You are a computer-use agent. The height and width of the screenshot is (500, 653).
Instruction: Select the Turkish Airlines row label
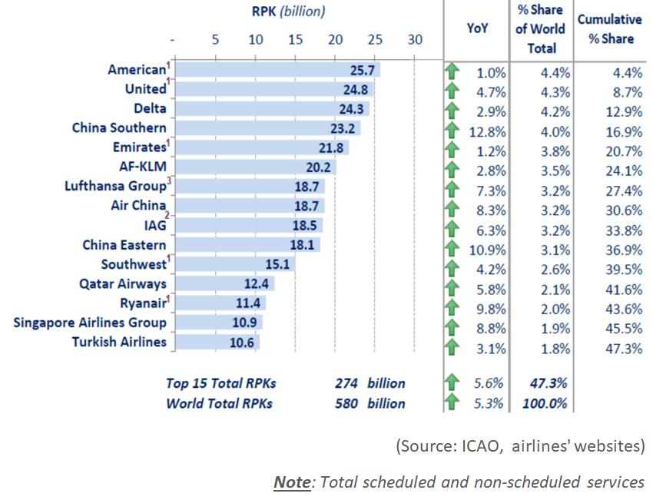click(x=119, y=342)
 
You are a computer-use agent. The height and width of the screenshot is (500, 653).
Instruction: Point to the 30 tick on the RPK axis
click(x=415, y=41)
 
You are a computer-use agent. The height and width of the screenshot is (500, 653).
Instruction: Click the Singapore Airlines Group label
click(x=90, y=323)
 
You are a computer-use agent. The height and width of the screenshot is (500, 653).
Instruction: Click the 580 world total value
click(x=346, y=402)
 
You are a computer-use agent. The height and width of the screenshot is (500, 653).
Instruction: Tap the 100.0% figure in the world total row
click(x=547, y=402)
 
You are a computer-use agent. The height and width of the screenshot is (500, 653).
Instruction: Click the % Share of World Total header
click(x=541, y=29)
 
